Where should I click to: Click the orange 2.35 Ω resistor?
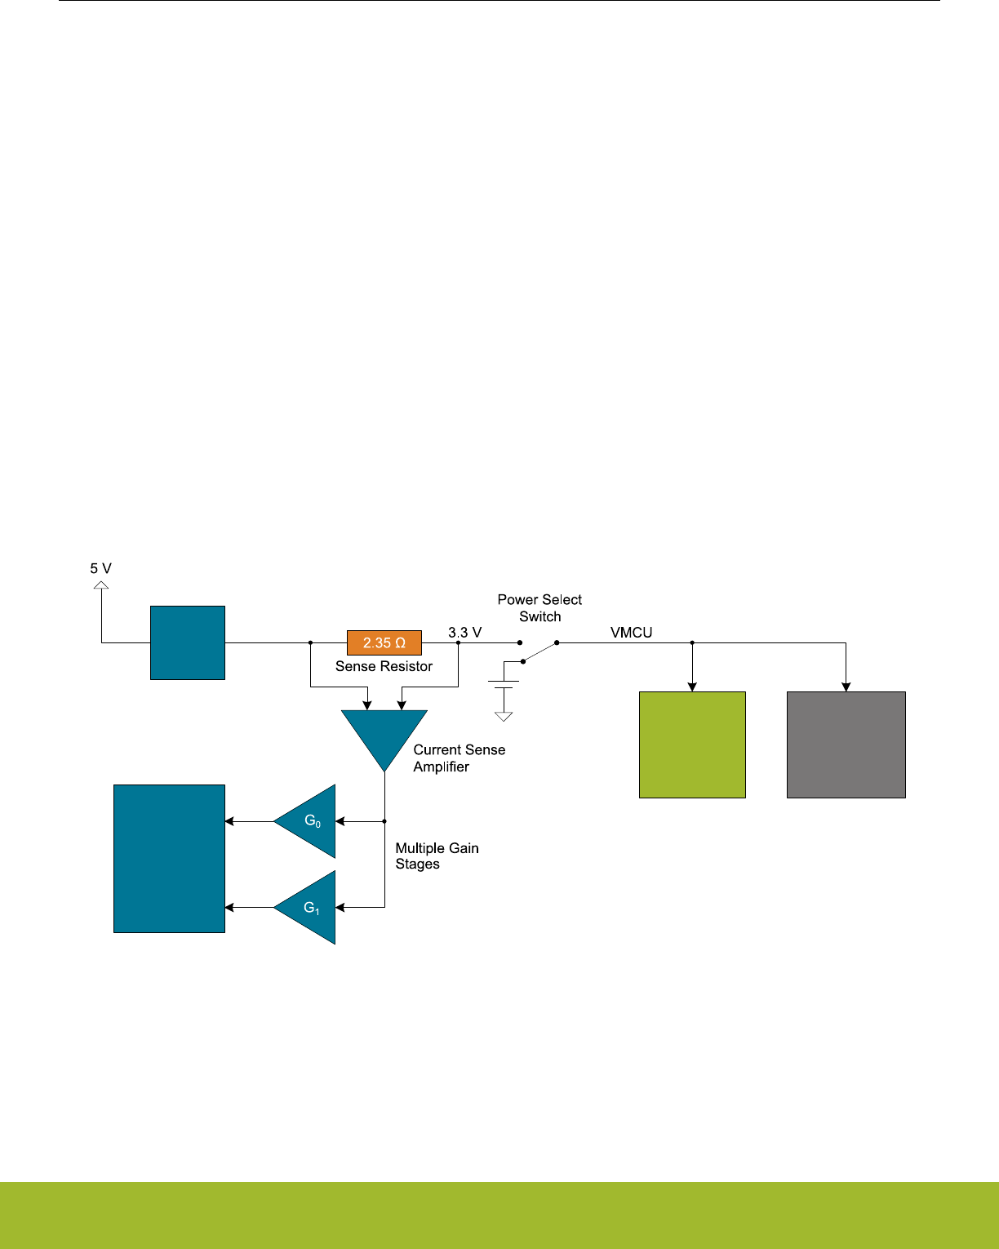click(384, 642)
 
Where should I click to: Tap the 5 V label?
click(100, 568)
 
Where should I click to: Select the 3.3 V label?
click(465, 633)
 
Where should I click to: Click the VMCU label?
click(631, 633)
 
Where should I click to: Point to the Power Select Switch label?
click(539, 608)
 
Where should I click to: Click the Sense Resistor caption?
click(384, 666)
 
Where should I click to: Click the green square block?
click(692, 745)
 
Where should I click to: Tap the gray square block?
click(846, 745)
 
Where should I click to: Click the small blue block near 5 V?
click(188, 642)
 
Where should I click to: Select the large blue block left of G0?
click(169, 858)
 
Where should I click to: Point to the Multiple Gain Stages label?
click(437, 856)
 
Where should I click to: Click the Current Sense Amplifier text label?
click(459, 758)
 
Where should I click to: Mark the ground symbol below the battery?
click(504, 716)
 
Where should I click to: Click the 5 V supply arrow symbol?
click(101, 585)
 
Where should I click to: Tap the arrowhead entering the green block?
click(692, 687)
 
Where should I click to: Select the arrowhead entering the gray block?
click(846, 687)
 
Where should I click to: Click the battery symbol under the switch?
click(504, 684)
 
